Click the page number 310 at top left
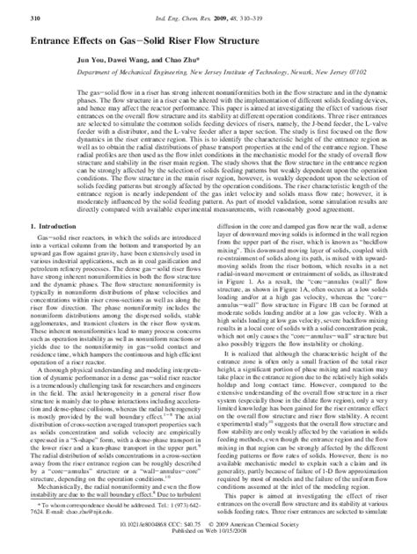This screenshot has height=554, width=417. [x=12, y=17]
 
